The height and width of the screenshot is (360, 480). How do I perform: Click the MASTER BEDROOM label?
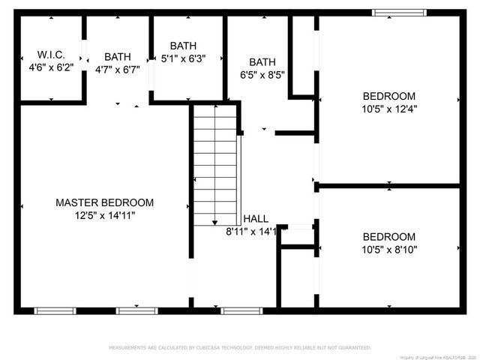[x=104, y=202]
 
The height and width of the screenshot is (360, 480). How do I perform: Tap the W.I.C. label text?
[x=51, y=55]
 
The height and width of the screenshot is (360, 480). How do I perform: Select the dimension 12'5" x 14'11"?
[x=104, y=215]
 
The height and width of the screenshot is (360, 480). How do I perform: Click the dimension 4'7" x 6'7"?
[x=117, y=70]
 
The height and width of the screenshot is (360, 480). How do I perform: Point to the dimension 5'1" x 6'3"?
[x=187, y=58]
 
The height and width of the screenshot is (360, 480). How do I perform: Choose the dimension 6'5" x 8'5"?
[x=262, y=75]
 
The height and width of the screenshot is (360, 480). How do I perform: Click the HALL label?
[x=256, y=219]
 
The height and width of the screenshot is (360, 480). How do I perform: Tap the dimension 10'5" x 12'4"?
[x=389, y=108]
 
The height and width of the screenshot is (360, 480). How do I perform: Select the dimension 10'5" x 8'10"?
[x=389, y=249]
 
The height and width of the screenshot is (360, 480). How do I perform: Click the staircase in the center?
[x=215, y=166]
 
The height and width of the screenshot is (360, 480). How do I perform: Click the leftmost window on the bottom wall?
[x=55, y=310]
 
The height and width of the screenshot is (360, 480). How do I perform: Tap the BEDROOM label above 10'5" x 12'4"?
[x=389, y=95]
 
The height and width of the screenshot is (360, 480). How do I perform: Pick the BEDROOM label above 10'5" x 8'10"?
[x=389, y=236]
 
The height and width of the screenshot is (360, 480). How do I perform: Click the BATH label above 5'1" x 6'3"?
[x=183, y=46]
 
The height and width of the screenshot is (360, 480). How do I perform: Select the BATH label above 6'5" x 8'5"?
[x=262, y=62]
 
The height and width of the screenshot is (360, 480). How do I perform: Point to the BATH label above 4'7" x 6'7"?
[x=117, y=57]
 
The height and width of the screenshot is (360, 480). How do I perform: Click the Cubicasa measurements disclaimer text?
[x=240, y=348]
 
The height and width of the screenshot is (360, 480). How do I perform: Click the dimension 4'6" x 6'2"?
[x=51, y=67]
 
